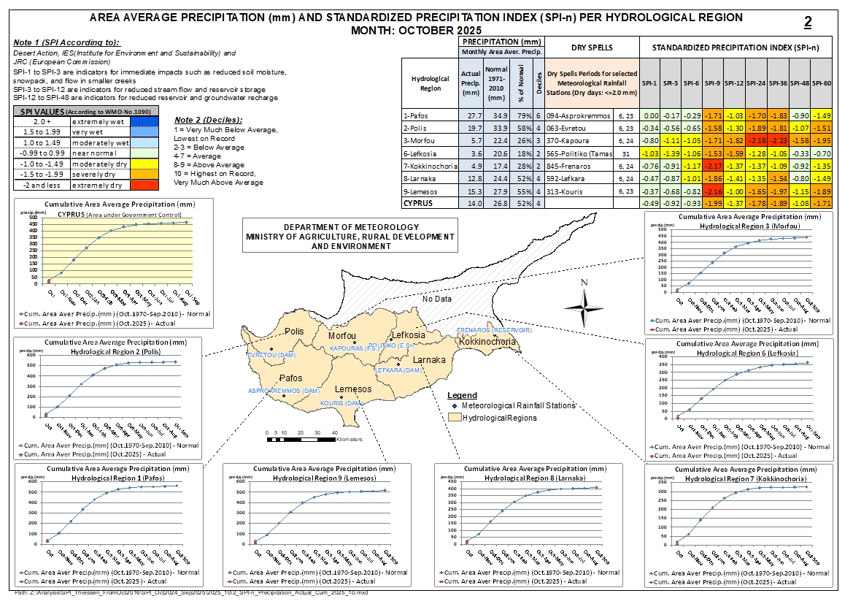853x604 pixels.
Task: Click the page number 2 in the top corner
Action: coord(808,23)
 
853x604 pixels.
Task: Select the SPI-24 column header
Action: coord(756,83)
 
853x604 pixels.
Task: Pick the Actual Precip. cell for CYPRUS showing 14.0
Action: coord(470,202)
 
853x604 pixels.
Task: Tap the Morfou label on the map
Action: coord(342,335)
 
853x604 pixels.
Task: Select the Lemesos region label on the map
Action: coord(353,389)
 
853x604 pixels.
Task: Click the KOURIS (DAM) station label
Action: coord(341,403)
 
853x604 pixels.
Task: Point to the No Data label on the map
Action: coord(437,299)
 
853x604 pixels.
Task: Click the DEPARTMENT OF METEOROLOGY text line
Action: coord(350,228)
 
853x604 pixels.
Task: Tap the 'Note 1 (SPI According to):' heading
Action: coord(66,43)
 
